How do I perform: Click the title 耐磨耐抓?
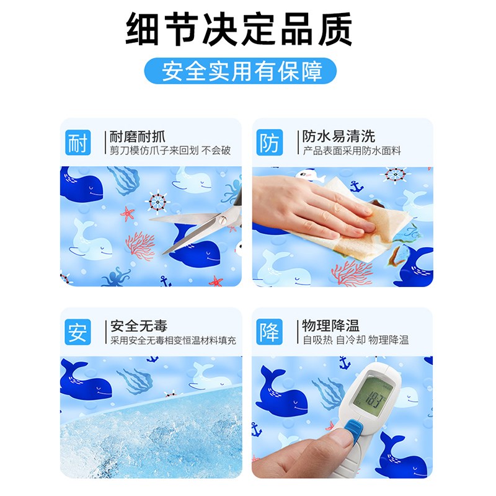click(x=137, y=136)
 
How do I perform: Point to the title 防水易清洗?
click(x=339, y=136)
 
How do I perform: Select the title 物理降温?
click(x=330, y=325)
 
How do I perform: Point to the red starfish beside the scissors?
click(x=128, y=214)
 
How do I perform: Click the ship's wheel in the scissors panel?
click(x=157, y=201)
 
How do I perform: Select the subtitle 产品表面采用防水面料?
click(x=352, y=151)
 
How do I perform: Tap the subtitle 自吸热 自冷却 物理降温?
click(x=355, y=340)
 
